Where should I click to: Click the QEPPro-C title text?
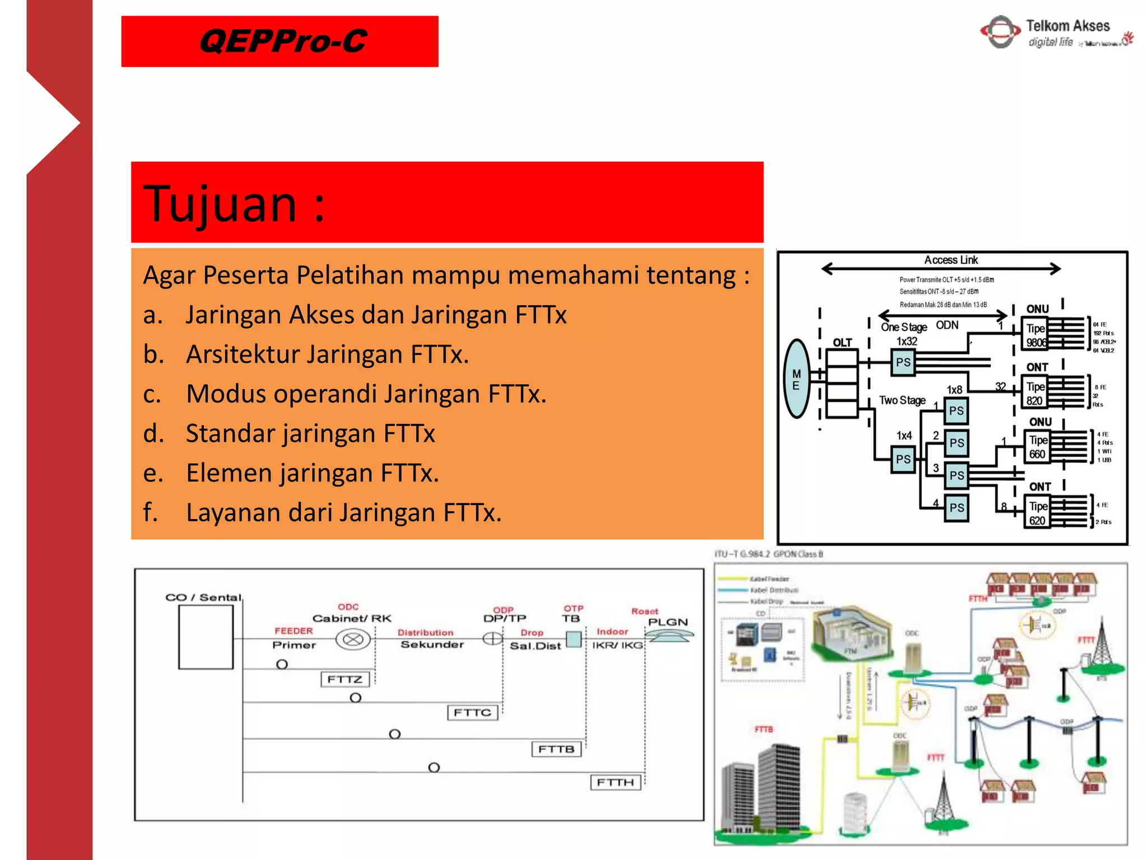(x=282, y=41)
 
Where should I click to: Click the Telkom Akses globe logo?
(x=1000, y=32)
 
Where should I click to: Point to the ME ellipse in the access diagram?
(x=796, y=379)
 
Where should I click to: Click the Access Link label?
(x=950, y=260)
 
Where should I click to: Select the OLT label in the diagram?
(x=842, y=342)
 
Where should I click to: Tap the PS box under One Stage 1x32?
(x=903, y=362)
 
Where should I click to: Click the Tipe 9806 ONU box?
(x=1036, y=335)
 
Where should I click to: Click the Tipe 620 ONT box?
(x=1037, y=513)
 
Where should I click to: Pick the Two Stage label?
(x=902, y=400)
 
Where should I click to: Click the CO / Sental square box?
(x=206, y=637)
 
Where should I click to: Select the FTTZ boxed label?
(x=344, y=679)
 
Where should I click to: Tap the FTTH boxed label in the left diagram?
(x=614, y=782)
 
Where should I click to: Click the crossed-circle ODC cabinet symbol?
(x=353, y=639)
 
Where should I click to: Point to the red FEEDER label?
(x=293, y=631)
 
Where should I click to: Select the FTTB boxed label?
(x=556, y=749)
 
